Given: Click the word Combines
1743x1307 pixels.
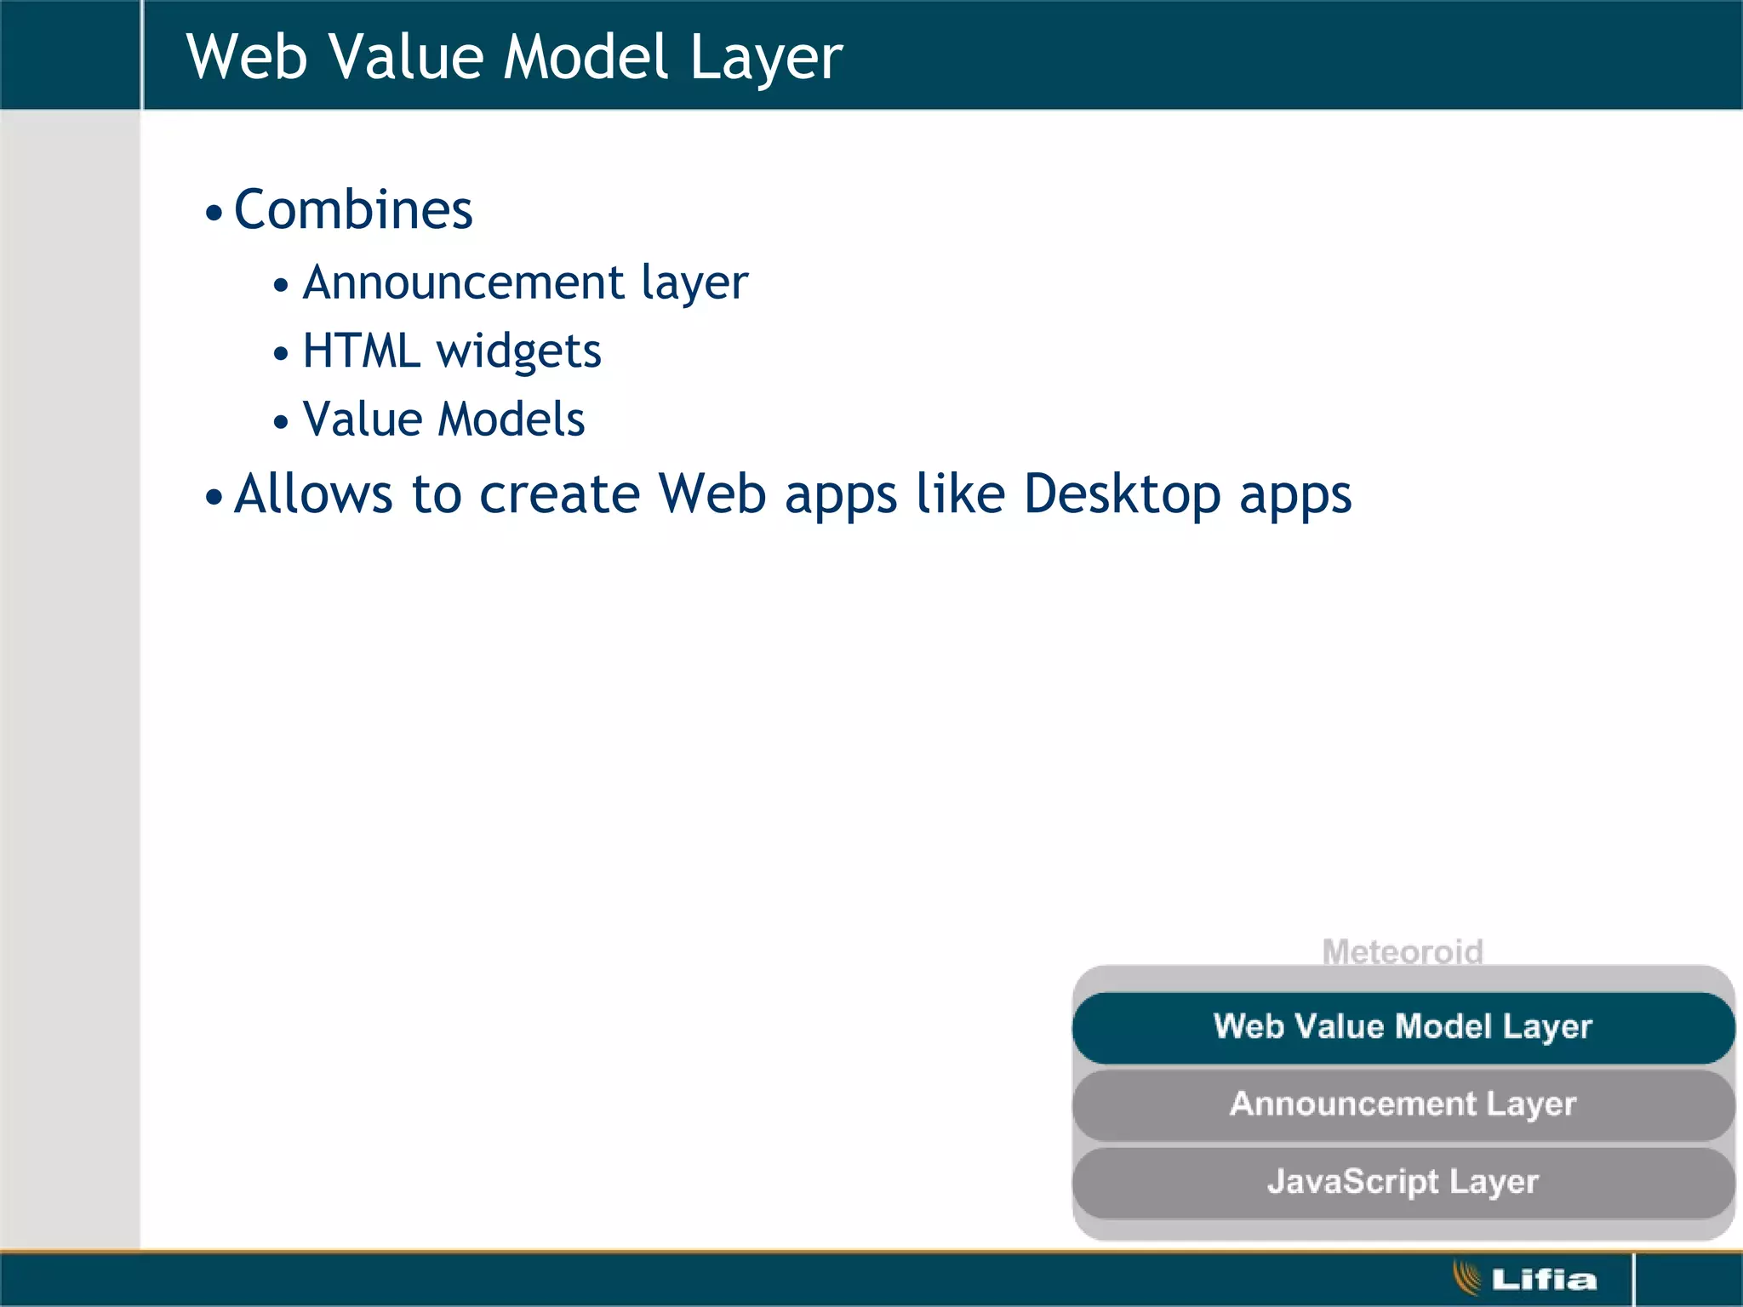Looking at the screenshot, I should [352, 210].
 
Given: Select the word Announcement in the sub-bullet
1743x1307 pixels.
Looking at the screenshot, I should [464, 283].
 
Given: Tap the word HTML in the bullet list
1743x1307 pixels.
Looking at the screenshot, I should [361, 351].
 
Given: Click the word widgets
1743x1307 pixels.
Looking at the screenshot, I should [518, 352].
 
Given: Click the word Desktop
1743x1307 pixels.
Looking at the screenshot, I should [1122, 495].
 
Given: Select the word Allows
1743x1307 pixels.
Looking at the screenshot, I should [313, 494].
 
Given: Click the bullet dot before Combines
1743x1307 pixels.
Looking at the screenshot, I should [214, 213].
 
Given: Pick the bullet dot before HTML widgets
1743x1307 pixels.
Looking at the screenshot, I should [281, 353].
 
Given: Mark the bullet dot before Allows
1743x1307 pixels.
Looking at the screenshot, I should [214, 497].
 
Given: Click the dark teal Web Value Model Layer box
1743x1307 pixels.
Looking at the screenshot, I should [1403, 1027].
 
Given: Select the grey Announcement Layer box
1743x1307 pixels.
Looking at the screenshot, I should [1403, 1104].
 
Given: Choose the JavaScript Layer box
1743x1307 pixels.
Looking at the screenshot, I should [1403, 1182].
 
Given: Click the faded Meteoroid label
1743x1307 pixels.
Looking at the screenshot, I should [1403, 951].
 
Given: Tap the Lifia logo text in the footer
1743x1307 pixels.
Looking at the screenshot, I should [1544, 1279].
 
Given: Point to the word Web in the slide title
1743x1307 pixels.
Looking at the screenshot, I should [247, 57].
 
